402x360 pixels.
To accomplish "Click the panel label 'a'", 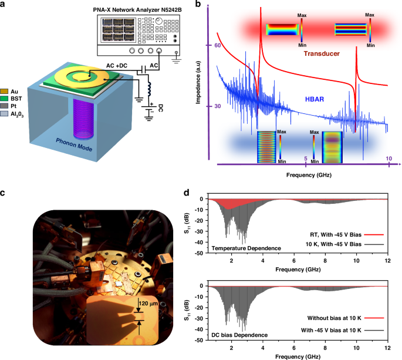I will (x=4, y=6).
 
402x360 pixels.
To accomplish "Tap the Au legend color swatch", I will (x=5, y=91).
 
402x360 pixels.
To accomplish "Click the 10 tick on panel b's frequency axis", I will (x=388, y=159).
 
